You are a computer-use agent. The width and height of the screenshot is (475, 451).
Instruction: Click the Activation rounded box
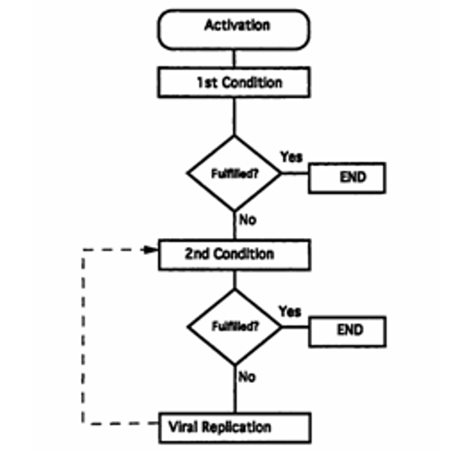tap(233, 30)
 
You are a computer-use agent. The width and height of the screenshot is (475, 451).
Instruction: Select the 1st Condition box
tap(234, 83)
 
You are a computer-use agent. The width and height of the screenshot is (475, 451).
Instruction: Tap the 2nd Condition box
tap(234, 254)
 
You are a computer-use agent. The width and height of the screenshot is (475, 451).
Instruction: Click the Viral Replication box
tap(235, 428)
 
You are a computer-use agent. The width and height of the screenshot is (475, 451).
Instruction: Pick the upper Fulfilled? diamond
tap(234, 173)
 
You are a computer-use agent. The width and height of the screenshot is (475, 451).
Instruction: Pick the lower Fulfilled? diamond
tap(235, 327)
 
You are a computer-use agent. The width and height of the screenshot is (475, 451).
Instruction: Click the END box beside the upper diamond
tap(347, 178)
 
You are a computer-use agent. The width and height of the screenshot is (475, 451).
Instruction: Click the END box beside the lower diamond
tap(348, 331)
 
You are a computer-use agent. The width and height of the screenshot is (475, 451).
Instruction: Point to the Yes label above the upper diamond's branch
tap(292, 157)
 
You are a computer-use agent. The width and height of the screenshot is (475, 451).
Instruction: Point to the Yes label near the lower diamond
tap(290, 311)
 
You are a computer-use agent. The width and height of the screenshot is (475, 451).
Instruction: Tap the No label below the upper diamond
tap(248, 219)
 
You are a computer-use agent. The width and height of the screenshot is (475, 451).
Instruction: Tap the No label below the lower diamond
tap(247, 377)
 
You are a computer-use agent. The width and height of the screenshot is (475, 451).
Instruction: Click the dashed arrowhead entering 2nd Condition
tap(151, 249)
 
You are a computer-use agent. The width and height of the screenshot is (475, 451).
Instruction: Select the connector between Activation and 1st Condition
tap(233, 58)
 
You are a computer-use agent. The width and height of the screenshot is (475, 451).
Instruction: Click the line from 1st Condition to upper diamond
tap(234, 117)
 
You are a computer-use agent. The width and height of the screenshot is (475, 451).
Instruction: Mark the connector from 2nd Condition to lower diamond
tap(234, 279)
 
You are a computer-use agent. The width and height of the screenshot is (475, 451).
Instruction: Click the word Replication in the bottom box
tap(237, 428)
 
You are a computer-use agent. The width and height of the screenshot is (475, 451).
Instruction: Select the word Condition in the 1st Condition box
tap(252, 83)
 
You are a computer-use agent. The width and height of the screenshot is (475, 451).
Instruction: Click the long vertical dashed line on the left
tap(83, 337)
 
